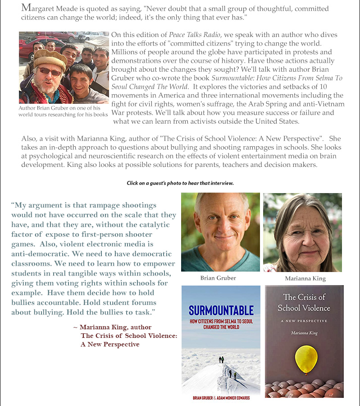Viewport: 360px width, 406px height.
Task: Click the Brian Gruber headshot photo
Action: [x=220, y=232]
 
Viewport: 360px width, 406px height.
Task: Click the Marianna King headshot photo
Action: [x=302, y=232]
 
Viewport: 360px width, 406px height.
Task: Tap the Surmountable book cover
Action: [x=221, y=342]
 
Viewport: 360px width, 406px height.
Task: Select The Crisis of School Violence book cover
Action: [x=304, y=341]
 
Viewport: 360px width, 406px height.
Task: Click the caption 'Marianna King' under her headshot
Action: [x=305, y=278]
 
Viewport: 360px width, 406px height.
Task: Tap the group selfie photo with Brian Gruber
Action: [x=64, y=68]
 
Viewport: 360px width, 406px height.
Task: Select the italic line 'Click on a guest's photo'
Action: [x=180, y=183]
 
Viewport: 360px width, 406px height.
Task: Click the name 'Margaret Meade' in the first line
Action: [x=49, y=9]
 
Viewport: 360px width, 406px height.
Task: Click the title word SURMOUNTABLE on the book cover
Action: [x=221, y=310]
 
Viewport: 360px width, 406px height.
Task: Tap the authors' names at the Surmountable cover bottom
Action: [x=221, y=398]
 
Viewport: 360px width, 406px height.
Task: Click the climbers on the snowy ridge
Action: [x=228, y=368]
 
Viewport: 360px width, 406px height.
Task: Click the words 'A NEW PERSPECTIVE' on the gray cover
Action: [x=304, y=321]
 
